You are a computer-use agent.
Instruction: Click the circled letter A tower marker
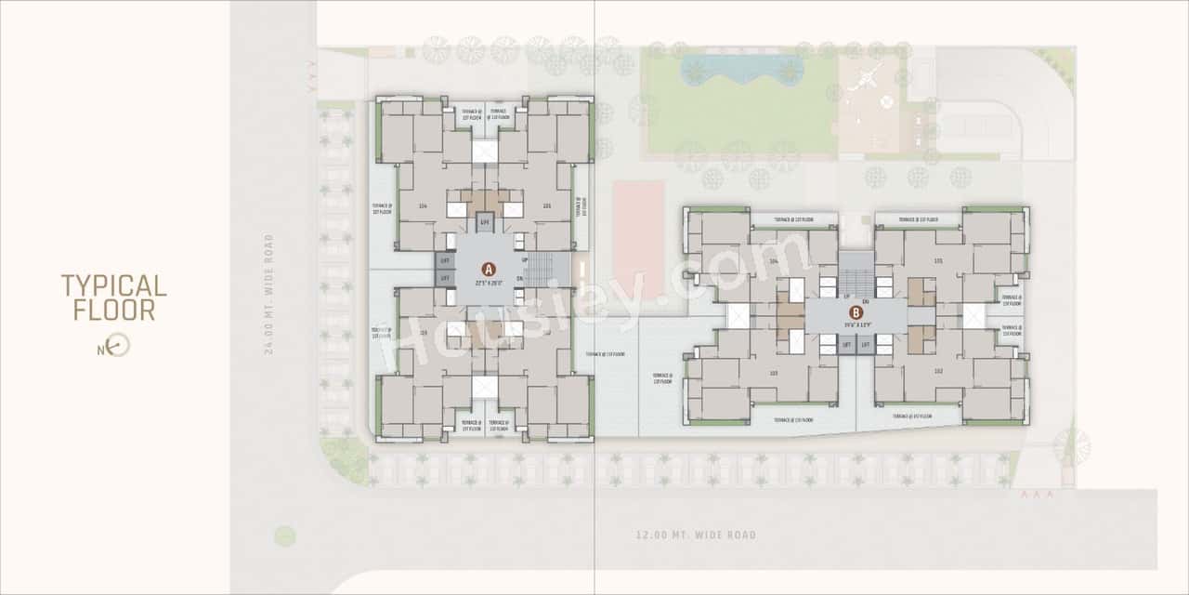489,269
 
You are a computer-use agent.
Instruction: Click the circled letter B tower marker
855,313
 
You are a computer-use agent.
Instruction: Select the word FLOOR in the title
113,311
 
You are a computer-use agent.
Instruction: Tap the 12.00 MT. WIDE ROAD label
696,535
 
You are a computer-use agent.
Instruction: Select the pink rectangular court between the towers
638,236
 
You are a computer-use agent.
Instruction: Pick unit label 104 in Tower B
773,262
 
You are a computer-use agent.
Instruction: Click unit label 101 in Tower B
938,261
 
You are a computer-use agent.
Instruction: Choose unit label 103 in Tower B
773,373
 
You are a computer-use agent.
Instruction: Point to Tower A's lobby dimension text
489,282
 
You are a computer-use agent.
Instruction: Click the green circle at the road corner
285,535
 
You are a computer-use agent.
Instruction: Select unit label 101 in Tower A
547,206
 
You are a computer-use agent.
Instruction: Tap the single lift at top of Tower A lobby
484,222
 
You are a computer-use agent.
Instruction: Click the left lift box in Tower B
845,344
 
